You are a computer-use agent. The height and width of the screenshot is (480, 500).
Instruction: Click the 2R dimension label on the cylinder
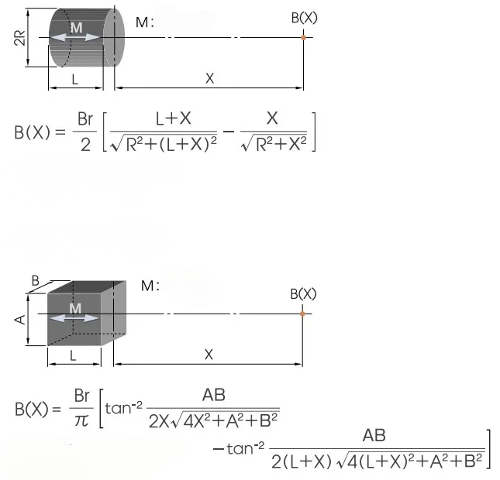[x=20, y=38]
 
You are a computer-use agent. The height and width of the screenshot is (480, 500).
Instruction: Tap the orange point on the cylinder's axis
[x=303, y=38]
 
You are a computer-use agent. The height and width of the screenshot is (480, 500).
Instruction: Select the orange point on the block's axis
[x=302, y=314]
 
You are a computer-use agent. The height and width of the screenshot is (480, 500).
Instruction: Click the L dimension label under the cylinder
[x=75, y=79]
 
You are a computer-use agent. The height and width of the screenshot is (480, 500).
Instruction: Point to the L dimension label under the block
[x=73, y=355]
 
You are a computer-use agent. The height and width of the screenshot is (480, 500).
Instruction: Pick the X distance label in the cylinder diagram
[x=209, y=78]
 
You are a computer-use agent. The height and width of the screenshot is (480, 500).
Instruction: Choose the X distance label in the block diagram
[x=209, y=355]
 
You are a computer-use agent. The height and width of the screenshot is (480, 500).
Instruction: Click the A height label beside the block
[x=20, y=319]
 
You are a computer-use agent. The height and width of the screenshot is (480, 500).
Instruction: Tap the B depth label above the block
[x=35, y=280]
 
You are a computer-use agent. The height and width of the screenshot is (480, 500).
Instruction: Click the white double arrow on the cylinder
[x=75, y=37]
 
